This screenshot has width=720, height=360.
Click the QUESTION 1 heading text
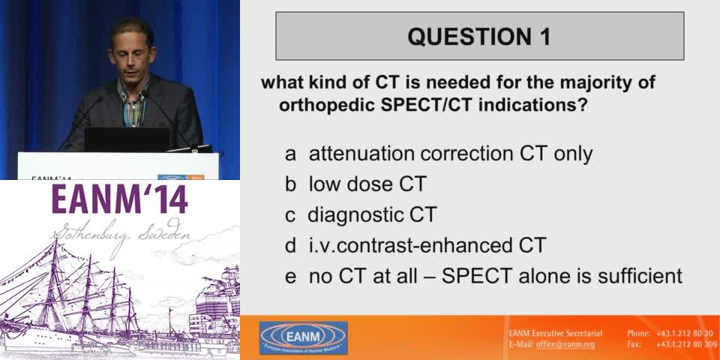click(479, 36)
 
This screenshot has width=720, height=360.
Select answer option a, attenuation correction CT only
click(450, 154)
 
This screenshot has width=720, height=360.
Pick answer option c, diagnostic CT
click(371, 214)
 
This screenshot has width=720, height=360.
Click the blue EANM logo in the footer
click(303, 337)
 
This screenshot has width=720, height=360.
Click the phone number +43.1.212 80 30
click(684, 333)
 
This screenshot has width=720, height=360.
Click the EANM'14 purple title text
click(120, 199)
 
